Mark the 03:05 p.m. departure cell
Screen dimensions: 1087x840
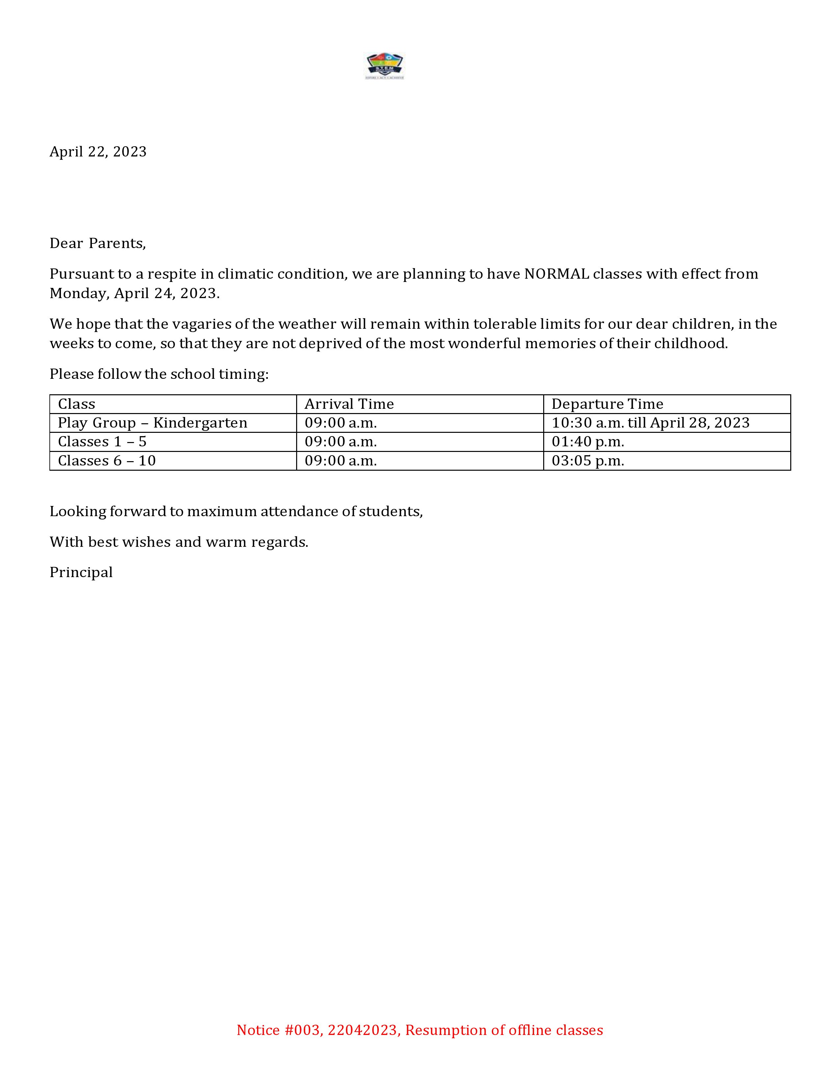[588, 460]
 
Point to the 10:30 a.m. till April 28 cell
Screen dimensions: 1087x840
[650, 423]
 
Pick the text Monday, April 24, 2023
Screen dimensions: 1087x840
[134, 293]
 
